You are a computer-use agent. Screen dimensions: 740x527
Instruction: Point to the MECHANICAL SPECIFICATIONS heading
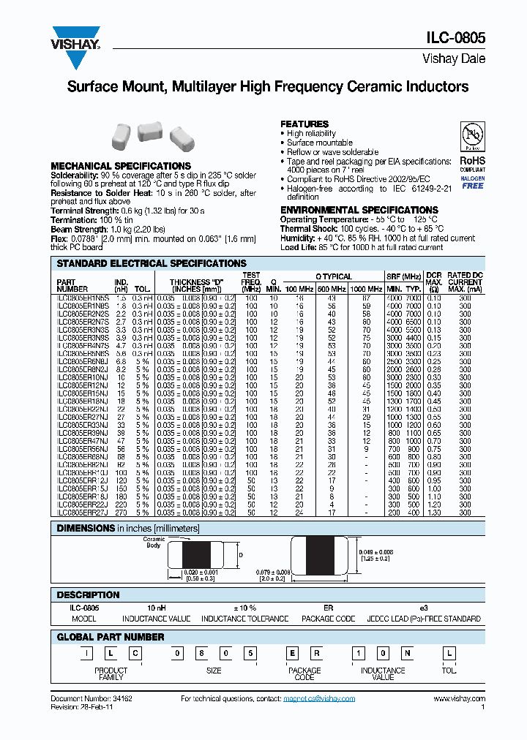121,166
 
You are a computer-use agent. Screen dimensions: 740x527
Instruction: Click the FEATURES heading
304,124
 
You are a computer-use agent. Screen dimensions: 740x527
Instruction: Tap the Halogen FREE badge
472,183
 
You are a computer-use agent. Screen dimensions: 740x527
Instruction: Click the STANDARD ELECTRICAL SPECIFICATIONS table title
152,263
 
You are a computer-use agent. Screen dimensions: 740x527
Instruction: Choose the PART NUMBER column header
72,285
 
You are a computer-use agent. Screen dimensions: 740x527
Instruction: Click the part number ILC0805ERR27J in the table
83,513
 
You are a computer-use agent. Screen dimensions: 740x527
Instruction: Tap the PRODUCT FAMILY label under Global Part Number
111,673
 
